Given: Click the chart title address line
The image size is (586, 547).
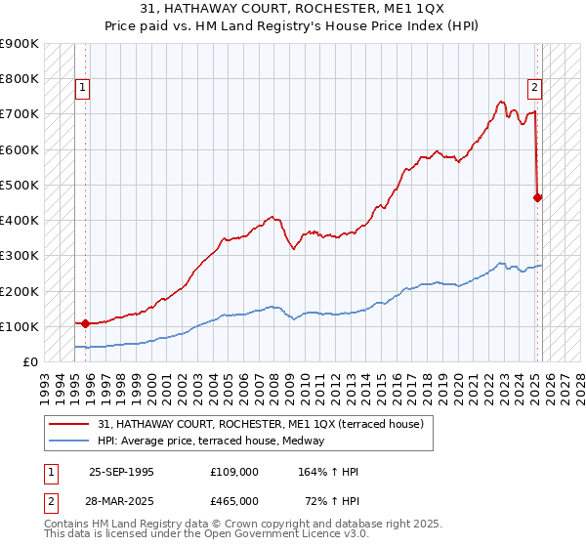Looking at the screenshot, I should point(293,9).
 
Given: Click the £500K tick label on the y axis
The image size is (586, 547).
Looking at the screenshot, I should point(20,185).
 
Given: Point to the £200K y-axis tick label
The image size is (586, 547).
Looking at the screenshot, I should point(20,291).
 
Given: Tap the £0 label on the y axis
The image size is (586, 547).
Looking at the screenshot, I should point(29,362).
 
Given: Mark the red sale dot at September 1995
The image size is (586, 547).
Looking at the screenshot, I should point(85,323).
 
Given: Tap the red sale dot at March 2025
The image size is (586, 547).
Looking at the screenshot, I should point(538,197).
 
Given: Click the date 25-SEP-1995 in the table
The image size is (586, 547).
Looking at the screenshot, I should point(121,472).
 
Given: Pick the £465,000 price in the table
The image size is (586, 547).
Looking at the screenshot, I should point(233,500).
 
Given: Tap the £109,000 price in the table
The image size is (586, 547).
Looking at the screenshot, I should point(233,472).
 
